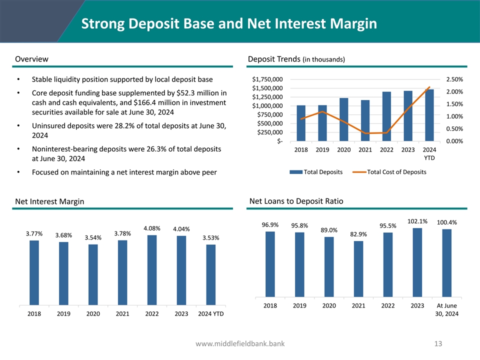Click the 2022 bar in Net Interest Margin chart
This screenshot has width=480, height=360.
tap(152, 269)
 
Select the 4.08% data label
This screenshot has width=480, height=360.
tap(152, 228)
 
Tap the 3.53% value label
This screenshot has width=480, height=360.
tap(210, 237)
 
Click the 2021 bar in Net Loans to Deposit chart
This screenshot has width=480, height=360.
tap(358, 269)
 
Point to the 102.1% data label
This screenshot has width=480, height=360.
tap(417, 221)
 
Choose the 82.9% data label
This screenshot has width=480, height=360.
tap(358, 234)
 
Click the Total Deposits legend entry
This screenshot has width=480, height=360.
tap(317, 172)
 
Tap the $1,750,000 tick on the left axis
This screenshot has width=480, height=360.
tap(267, 79)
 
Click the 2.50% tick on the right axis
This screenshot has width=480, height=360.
tap(454, 79)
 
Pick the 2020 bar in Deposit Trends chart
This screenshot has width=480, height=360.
tap(344, 119)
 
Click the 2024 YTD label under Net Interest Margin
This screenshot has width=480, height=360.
tap(210, 314)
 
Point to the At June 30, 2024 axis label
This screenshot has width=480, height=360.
tap(446, 309)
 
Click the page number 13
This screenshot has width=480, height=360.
tap(439, 343)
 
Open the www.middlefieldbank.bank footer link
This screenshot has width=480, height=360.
tap(240, 343)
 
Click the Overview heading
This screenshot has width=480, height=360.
tap(32, 59)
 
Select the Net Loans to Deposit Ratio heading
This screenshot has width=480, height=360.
tap(296, 201)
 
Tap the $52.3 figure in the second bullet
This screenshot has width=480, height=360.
tap(185, 93)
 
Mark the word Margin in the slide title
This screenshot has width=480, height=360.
tap(350, 23)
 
